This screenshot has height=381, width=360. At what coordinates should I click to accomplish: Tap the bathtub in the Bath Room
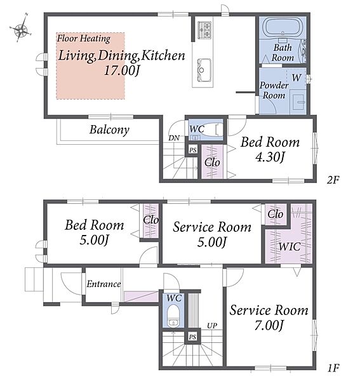coord(283,27)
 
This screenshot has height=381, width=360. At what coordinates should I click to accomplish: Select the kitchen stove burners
coord(204,30)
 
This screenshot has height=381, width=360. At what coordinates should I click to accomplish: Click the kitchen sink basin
coord(204,70)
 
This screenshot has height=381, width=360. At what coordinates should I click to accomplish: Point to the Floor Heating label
coord(84,39)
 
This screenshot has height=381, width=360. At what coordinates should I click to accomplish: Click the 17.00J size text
coord(122,71)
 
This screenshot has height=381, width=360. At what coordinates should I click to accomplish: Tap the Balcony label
coord(109,130)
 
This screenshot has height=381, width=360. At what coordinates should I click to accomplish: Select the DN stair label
coord(174,138)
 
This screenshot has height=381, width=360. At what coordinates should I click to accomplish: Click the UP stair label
coord(212,326)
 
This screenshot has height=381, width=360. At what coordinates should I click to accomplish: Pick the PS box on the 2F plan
coord(193,150)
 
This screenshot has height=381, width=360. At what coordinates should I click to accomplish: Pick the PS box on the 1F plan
coord(192,337)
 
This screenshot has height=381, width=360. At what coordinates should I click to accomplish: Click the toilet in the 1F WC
coord(173,316)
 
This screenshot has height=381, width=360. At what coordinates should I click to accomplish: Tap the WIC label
coord(290,247)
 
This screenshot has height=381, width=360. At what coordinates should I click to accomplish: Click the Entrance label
coord(103,284)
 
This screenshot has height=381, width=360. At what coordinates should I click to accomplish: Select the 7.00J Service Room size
coord(269,325)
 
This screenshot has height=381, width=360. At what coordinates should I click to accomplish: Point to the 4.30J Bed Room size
coord(270,157)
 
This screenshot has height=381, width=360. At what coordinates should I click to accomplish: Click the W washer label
coord(297,77)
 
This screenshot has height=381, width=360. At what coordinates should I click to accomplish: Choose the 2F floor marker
coord(333,180)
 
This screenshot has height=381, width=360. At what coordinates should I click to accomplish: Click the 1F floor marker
coord(333,368)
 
